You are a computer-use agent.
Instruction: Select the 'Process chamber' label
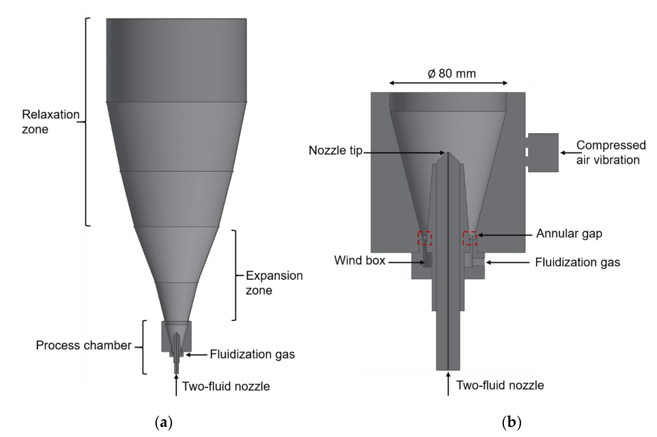[83, 345]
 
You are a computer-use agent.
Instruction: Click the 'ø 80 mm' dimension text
[451, 73]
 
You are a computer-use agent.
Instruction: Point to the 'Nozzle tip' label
[335, 151]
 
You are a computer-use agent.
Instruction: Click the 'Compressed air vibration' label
[611, 152]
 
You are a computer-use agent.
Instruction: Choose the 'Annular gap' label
[569, 234]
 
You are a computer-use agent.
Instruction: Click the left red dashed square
[424, 238]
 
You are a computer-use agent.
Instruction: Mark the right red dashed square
[470, 238]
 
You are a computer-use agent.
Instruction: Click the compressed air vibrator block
[543, 153]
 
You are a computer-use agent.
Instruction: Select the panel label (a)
[163, 422]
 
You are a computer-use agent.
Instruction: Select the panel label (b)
[511, 422]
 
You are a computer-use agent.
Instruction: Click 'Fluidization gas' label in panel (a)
[252, 354]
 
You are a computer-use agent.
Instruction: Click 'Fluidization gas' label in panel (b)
[577, 262]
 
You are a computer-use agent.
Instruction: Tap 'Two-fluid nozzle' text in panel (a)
[226, 387]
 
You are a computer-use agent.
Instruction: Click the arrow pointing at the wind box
[406, 262]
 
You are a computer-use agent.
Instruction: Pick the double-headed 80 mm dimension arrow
[448, 83]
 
